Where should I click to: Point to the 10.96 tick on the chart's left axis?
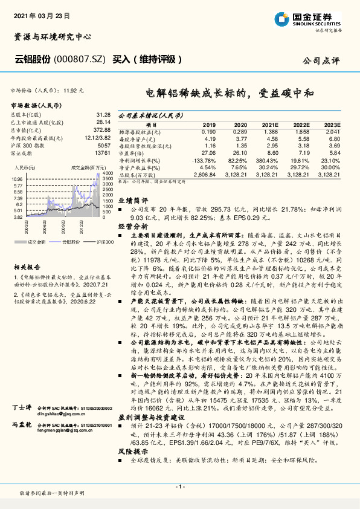[17, 180]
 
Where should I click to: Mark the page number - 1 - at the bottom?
[179, 487]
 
